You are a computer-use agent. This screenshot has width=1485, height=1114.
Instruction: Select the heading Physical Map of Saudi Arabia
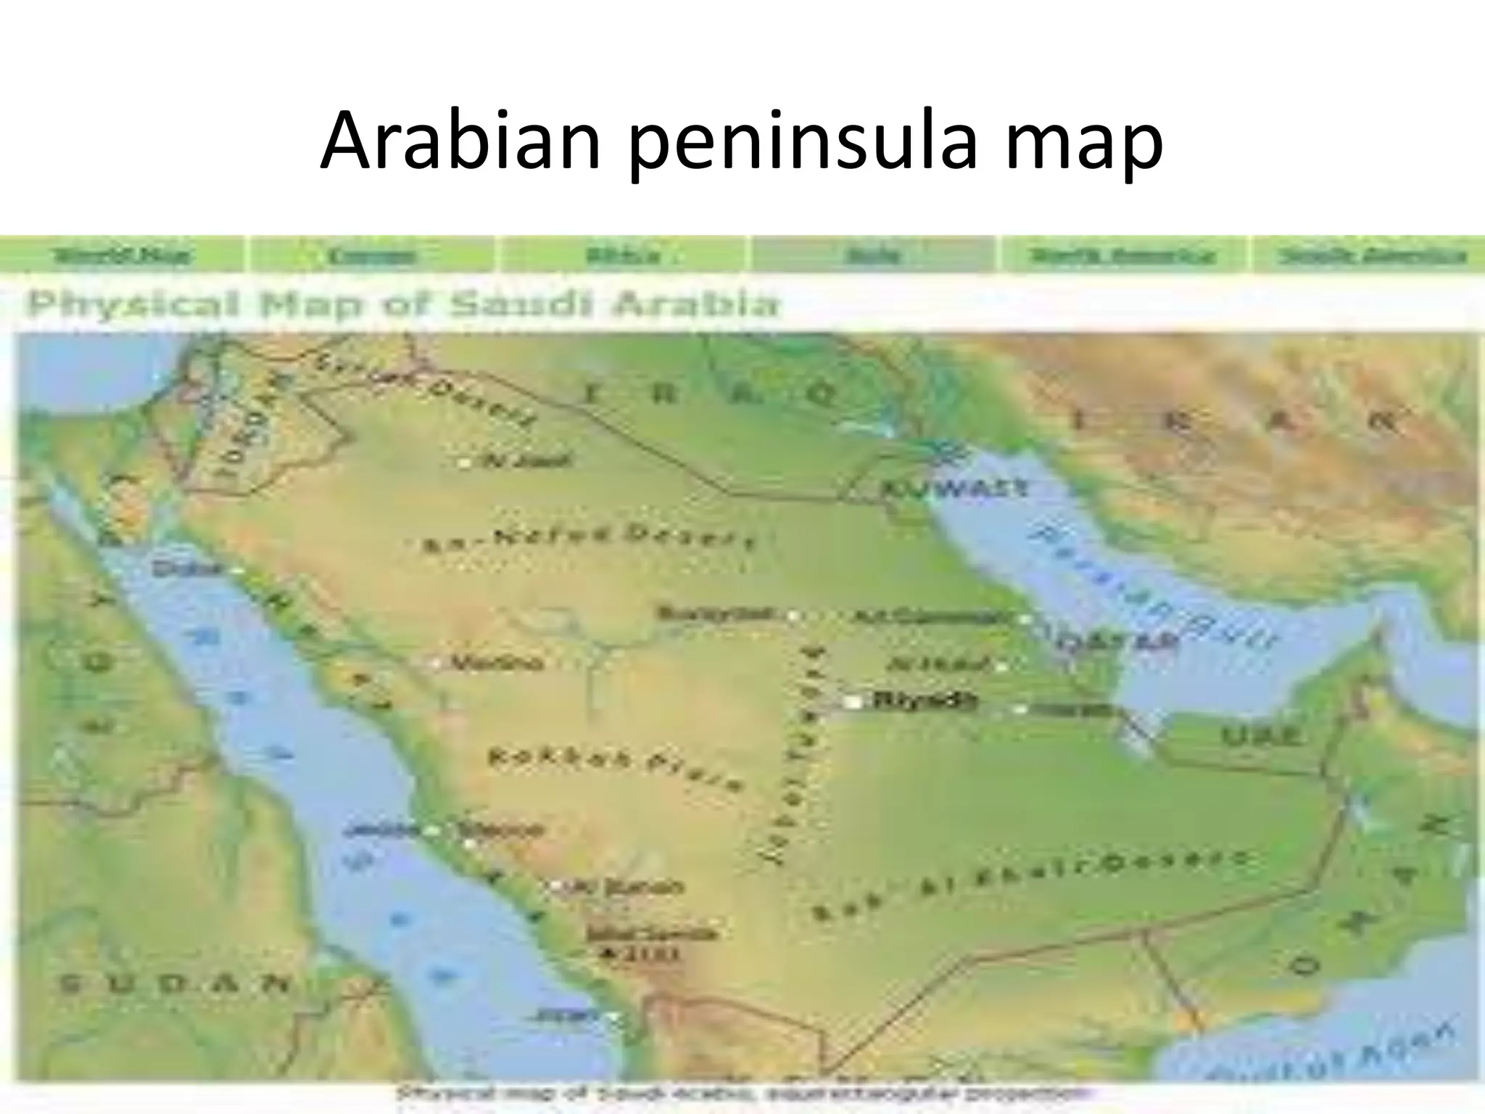click(402, 305)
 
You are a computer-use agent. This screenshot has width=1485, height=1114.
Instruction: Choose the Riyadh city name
click(925, 701)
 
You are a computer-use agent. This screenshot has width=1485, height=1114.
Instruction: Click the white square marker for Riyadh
click(853, 702)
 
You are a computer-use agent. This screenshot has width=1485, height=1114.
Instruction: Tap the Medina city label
click(497, 663)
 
